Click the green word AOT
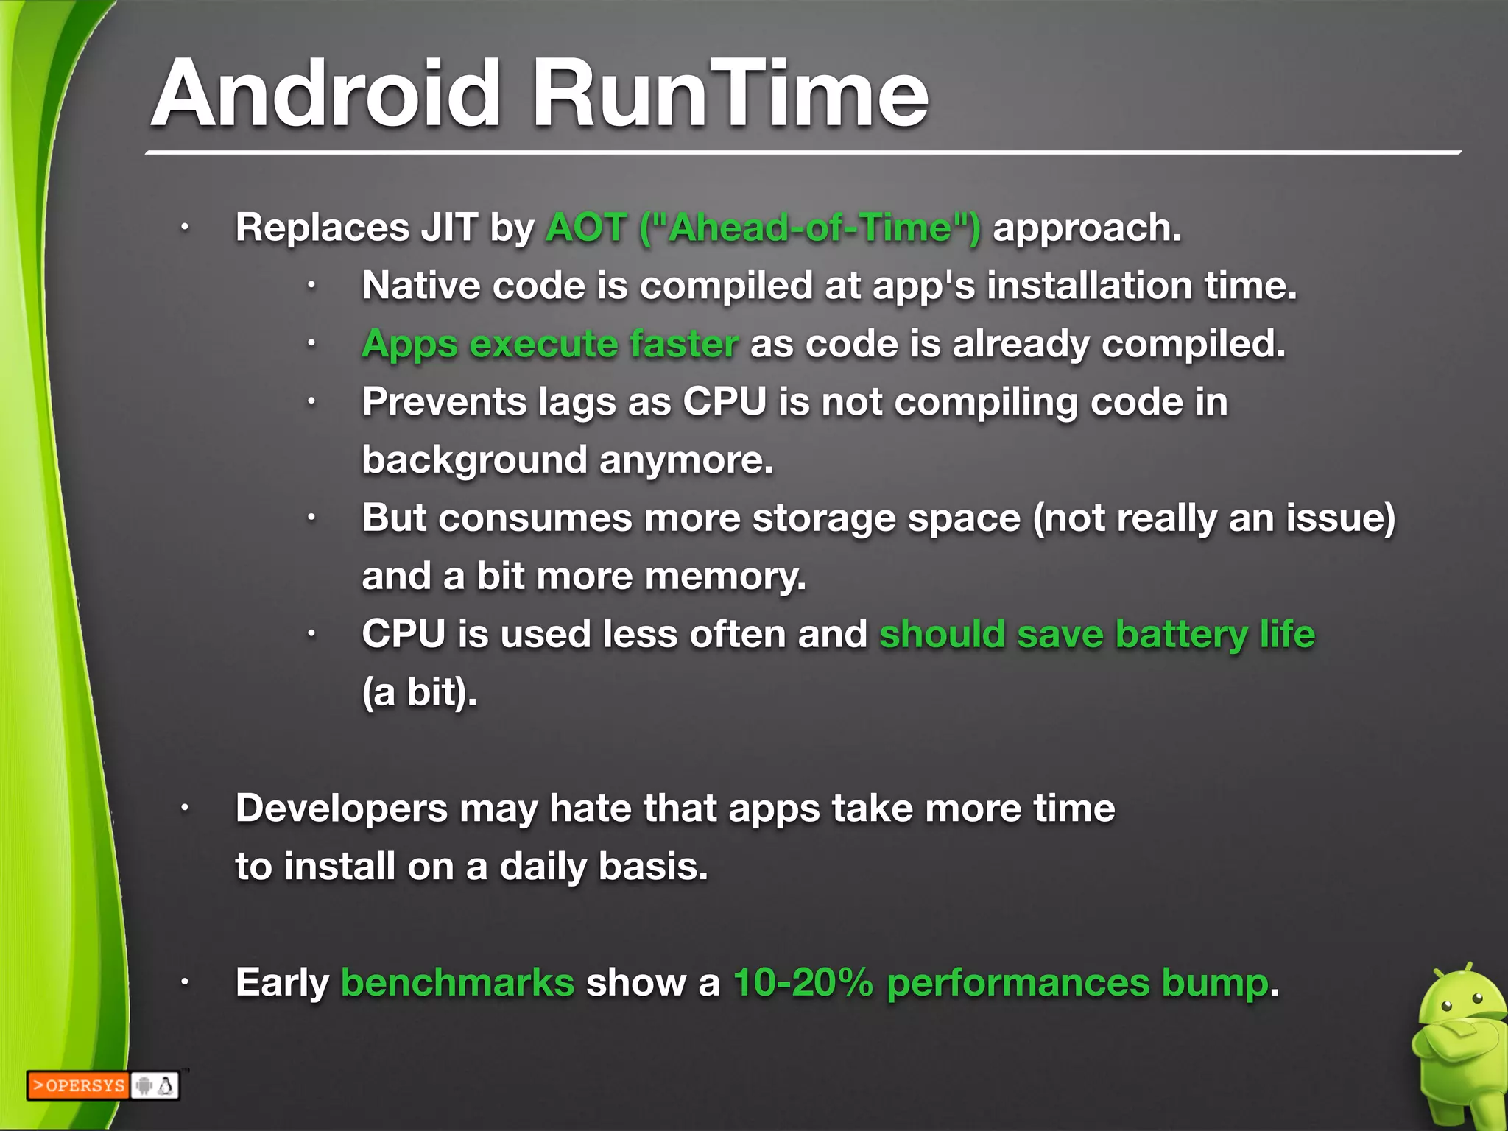click(x=586, y=227)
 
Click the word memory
click(x=744, y=576)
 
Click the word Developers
click(x=342, y=808)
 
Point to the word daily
click(x=543, y=867)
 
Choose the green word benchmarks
click(x=457, y=982)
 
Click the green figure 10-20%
click(x=803, y=982)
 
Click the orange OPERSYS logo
click(x=79, y=1085)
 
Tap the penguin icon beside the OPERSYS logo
click(x=166, y=1085)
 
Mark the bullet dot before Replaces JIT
click(x=185, y=228)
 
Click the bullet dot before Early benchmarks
click(x=185, y=982)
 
